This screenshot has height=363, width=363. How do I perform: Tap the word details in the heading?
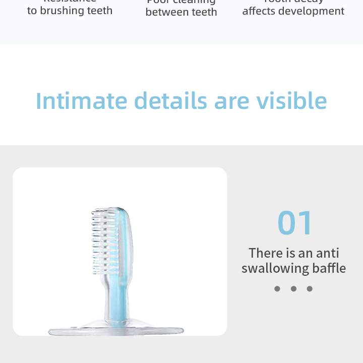(x=170, y=101)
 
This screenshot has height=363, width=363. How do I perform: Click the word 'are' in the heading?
(x=231, y=101)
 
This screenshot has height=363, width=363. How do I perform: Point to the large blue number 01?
(x=295, y=223)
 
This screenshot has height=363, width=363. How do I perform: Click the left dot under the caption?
(x=277, y=289)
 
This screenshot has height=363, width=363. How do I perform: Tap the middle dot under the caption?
(x=293, y=289)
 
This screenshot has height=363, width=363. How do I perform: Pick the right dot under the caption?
(x=310, y=289)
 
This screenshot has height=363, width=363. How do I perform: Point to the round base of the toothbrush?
(x=116, y=331)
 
